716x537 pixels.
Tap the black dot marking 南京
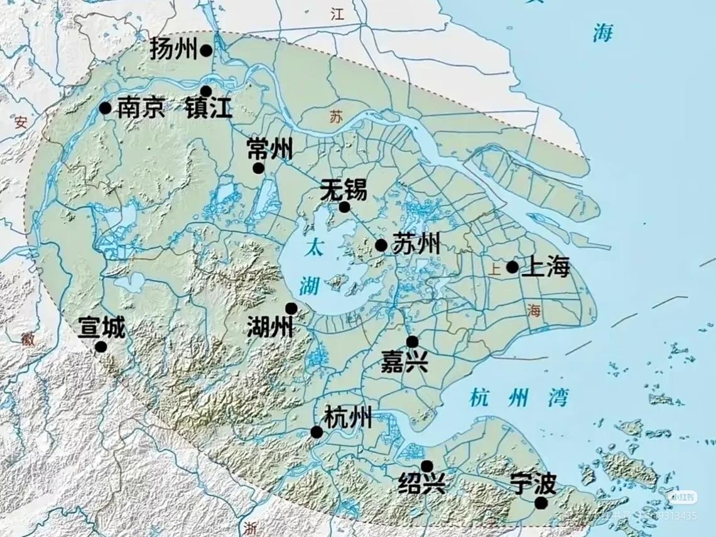[106, 109]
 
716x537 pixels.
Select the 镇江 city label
[209, 109]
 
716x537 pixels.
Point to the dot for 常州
[258, 168]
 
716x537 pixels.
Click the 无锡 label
[344, 189]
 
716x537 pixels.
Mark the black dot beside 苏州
[381, 245]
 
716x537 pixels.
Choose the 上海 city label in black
[546, 267]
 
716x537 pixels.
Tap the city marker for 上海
[513, 267]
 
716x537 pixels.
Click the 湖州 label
[270, 326]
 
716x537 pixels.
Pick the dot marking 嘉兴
[412, 342]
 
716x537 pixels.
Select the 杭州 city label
[348, 417]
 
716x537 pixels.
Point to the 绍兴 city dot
[426, 466]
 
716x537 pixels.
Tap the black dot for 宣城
[101, 347]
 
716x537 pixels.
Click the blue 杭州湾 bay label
[519, 397]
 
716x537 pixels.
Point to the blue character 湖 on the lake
[308, 286]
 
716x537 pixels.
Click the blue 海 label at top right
[603, 33]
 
